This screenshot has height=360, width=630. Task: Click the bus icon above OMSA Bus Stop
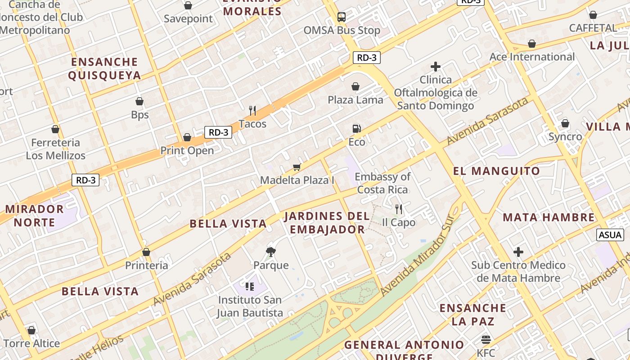point(342,17)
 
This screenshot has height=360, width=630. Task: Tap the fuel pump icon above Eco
point(356,129)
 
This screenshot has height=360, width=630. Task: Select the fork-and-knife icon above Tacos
point(252,110)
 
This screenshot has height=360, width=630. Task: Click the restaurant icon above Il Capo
point(398,209)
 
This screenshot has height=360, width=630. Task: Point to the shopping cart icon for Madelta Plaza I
point(297,167)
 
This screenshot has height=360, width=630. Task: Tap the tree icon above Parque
point(270,252)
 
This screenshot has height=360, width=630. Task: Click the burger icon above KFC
point(486,339)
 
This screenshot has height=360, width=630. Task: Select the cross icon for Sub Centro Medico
point(518,252)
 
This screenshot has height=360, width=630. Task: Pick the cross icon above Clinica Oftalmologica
point(435,67)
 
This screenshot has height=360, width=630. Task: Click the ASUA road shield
point(611,234)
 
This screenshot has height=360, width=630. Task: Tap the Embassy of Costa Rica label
point(382,183)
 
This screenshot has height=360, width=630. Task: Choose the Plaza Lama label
point(355,100)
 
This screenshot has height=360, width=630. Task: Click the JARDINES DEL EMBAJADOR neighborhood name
point(327,223)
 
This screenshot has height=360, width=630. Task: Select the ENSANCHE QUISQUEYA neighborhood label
point(104,68)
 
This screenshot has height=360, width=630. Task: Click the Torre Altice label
point(31,343)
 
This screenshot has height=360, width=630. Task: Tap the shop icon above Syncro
point(565,123)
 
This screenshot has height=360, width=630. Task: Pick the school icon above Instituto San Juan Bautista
point(250,286)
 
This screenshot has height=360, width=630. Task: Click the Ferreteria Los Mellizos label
point(55,149)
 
